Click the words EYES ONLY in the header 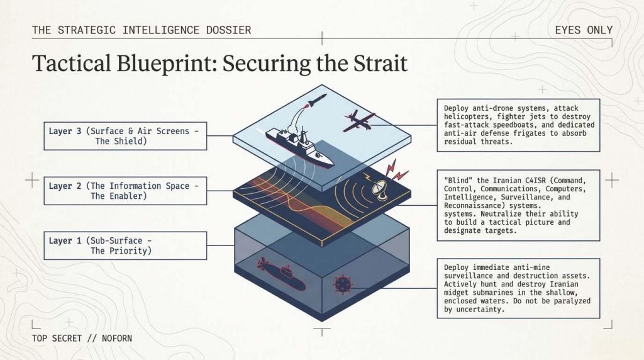tap(584, 30)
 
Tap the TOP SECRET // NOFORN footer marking tap(82, 338)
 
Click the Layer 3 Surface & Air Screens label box tap(125, 136)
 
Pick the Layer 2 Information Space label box tap(125, 191)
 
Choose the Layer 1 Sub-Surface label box tap(125, 245)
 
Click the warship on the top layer tap(299, 147)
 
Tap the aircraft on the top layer tap(359, 120)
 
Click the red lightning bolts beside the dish tap(395, 170)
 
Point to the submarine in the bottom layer tap(281, 273)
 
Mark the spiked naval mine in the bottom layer tap(343, 284)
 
